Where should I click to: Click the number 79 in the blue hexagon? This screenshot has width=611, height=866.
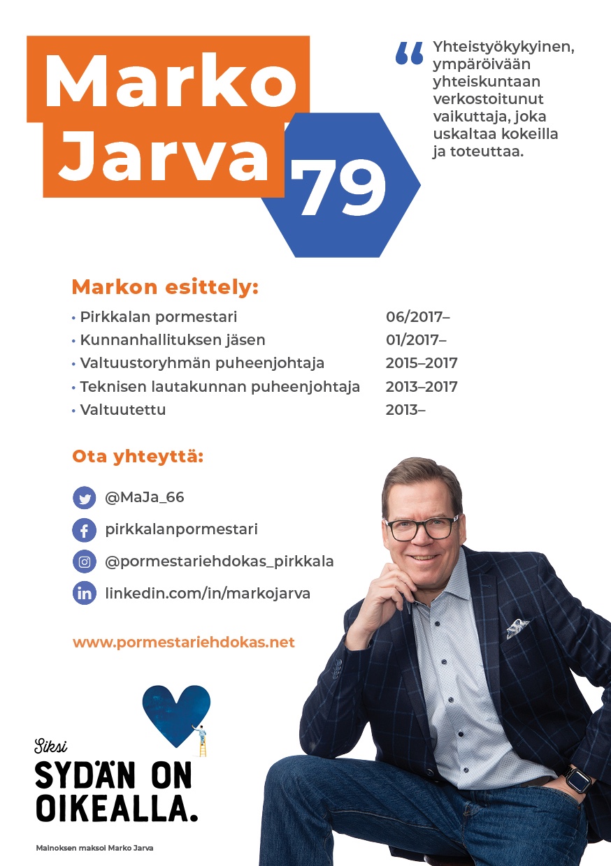(339, 187)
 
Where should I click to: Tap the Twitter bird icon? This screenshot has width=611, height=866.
(84, 498)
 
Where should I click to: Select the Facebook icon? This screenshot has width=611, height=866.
(84, 530)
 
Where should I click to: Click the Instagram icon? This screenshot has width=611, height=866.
(84, 562)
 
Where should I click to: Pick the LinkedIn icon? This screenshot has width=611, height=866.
(84, 594)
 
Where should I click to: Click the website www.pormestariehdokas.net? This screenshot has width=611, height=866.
(184, 642)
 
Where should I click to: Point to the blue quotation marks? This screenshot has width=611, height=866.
(410, 53)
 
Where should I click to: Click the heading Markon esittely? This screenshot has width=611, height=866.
(165, 287)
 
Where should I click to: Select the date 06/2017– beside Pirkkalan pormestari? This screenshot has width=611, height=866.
(417, 317)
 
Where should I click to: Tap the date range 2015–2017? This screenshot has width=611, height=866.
(422, 363)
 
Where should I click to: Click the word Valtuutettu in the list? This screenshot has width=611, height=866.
(123, 410)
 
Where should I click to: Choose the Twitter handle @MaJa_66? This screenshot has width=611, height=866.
(145, 498)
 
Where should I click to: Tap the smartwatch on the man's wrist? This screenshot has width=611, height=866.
(579, 779)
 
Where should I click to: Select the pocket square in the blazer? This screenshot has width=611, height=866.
(517, 626)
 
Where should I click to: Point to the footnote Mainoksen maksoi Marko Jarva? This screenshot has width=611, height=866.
(94, 848)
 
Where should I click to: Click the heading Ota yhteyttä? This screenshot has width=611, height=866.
(138, 457)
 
